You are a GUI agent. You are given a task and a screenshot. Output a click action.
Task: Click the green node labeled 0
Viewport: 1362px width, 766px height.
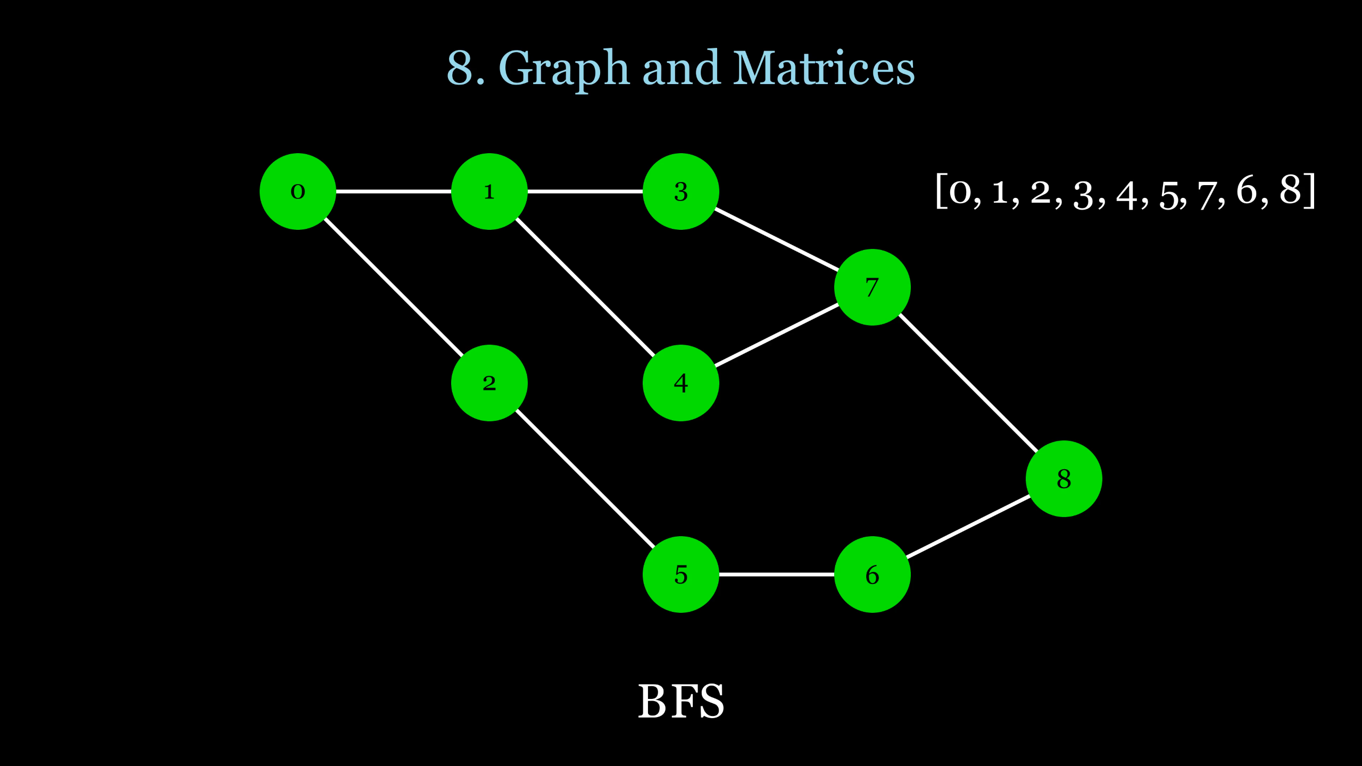click(298, 191)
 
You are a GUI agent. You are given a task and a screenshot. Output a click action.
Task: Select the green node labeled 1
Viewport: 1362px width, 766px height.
click(489, 191)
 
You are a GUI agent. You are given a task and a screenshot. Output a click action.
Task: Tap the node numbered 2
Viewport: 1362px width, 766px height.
click(489, 383)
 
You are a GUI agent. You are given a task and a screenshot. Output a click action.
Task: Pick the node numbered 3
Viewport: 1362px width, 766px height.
click(681, 191)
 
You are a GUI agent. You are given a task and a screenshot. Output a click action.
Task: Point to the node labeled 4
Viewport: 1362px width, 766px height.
click(681, 383)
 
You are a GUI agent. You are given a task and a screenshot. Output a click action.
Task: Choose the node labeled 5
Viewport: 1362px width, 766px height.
click(681, 574)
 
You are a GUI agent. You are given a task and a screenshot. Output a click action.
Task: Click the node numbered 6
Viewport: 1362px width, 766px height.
click(873, 574)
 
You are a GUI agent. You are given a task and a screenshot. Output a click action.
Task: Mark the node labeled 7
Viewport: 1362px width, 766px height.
click(873, 287)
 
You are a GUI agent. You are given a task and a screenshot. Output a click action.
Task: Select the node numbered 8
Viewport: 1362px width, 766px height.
click(1064, 479)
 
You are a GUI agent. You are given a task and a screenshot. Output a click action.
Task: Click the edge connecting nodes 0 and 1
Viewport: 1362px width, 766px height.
click(394, 191)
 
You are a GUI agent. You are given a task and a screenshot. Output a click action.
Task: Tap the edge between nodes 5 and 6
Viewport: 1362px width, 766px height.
click(777, 574)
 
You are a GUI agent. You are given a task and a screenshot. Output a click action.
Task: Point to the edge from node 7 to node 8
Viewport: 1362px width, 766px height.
click(968, 383)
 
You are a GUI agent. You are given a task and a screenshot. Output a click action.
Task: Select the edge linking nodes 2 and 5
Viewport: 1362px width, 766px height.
click(585, 479)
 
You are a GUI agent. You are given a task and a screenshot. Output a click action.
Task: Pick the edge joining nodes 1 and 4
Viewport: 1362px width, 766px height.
click(585, 287)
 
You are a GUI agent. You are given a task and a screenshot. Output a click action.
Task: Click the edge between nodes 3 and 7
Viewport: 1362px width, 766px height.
click(777, 239)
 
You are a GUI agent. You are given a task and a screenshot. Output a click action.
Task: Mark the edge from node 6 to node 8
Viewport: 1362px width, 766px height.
click(968, 527)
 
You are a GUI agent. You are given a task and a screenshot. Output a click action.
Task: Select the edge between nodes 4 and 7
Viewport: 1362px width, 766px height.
click(777, 335)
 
